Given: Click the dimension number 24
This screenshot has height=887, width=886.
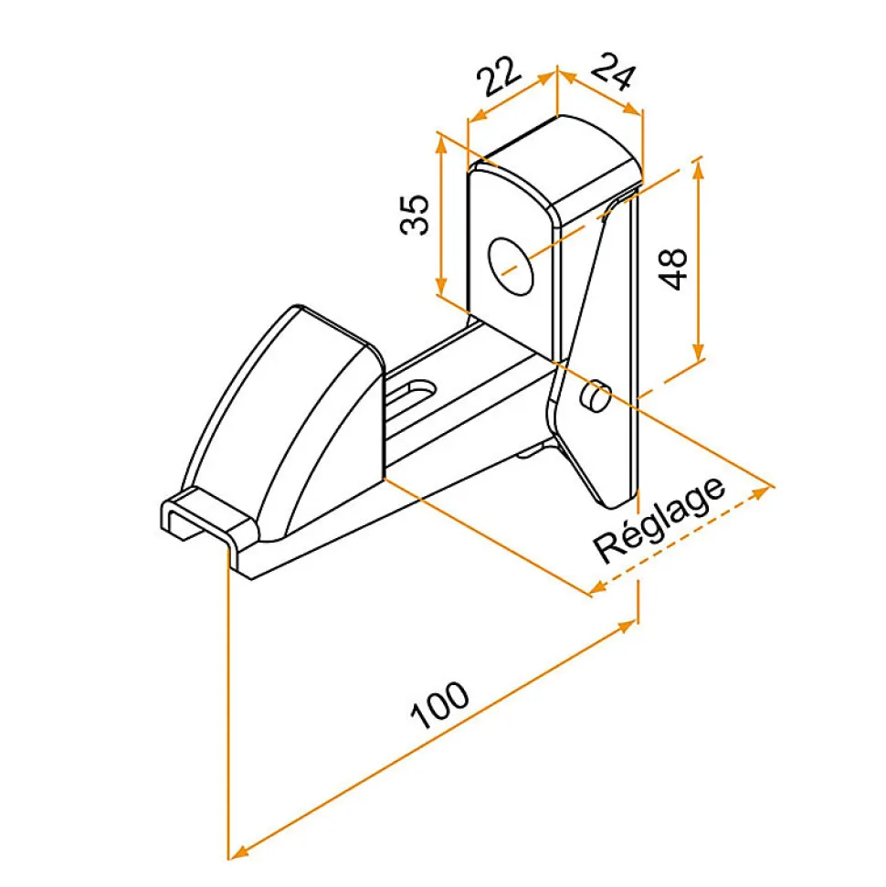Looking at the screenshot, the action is click(614, 70).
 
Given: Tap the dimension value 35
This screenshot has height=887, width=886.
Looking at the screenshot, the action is click(415, 214).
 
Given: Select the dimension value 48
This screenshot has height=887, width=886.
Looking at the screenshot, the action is click(674, 269).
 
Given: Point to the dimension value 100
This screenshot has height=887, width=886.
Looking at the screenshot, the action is click(439, 705).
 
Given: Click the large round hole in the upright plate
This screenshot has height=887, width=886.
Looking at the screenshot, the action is click(512, 266).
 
